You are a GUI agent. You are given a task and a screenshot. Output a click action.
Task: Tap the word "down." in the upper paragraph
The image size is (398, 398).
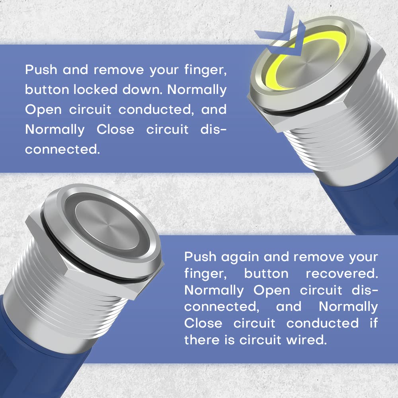[x=141, y=90]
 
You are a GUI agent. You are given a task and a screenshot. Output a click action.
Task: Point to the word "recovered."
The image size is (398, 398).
[x=341, y=274]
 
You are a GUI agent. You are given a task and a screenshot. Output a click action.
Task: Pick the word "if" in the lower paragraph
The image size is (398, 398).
[x=373, y=323]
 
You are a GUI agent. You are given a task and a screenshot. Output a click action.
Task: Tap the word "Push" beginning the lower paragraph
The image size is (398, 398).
[x=200, y=257]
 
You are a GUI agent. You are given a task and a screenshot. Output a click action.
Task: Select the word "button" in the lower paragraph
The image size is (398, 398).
[x=266, y=274]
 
